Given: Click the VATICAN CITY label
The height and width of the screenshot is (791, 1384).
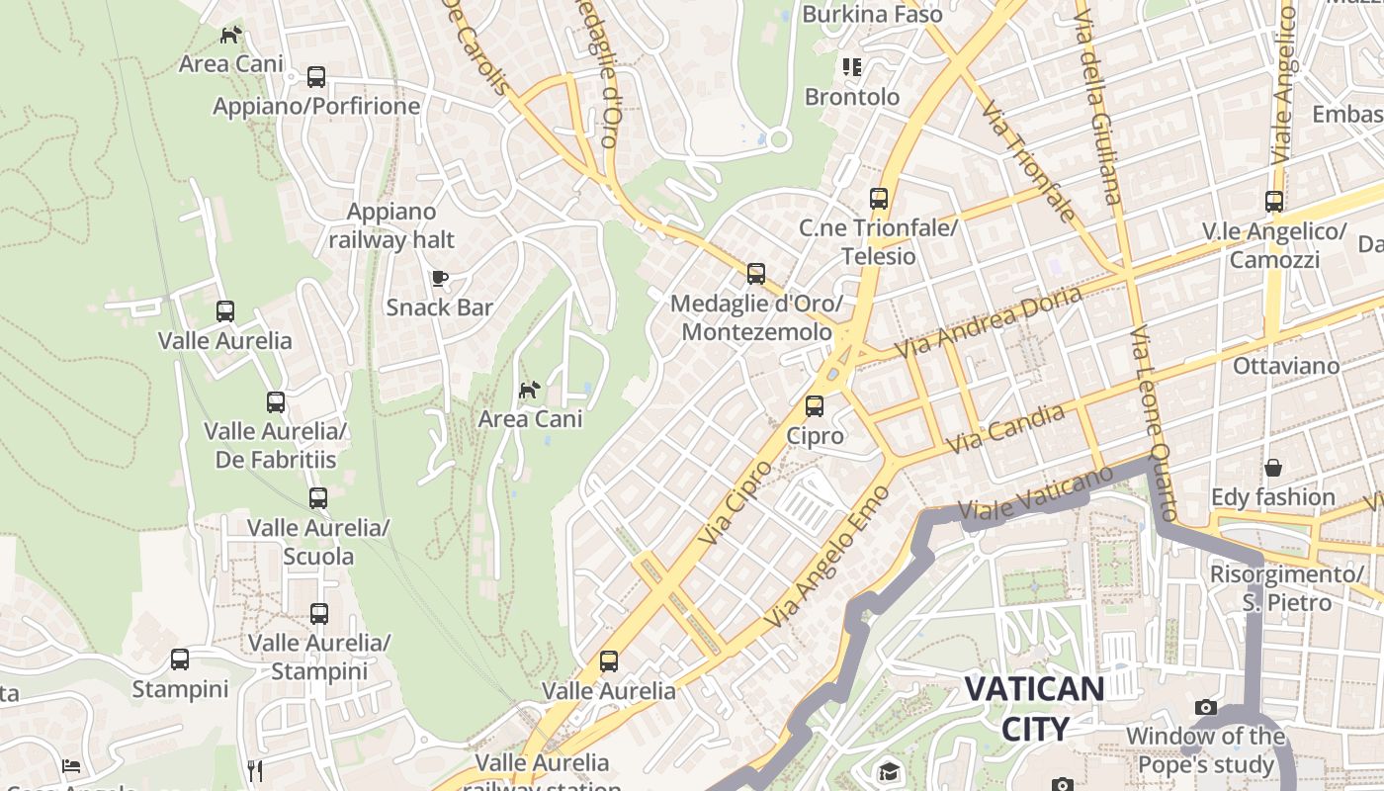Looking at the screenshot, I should click(x=1034, y=709).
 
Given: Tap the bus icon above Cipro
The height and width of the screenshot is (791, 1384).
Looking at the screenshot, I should click(x=815, y=405).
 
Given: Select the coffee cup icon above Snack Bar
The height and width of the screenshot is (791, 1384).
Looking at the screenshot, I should click(x=439, y=278).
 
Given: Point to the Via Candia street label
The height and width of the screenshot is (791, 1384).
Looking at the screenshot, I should click(x=1006, y=429).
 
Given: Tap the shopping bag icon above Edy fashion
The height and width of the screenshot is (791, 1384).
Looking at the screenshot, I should click(x=1273, y=467).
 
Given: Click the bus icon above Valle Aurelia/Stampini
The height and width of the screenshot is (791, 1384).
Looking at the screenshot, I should click(x=318, y=613).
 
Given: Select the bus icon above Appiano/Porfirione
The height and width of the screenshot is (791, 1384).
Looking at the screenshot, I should click(x=316, y=76).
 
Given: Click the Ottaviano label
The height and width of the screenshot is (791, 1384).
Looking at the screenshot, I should click(x=1285, y=366).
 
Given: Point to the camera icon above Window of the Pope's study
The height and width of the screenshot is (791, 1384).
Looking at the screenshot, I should click(x=1205, y=707).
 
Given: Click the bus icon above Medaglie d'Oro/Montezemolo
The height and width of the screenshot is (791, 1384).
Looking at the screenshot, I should click(x=756, y=273).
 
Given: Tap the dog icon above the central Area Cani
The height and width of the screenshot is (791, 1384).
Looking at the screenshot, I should click(x=530, y=390).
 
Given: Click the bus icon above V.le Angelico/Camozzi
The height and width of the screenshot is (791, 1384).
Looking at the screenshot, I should click(x=1274, y=202).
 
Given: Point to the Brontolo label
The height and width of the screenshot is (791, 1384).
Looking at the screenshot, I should click(x=851, y=97).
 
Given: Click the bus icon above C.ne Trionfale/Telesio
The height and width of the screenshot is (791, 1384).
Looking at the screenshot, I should click(x=878, y=198).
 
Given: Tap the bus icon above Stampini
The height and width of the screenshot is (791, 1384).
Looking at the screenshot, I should click(x=179, y=659).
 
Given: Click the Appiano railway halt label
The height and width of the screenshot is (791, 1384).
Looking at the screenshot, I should click(x=391, y=225).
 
